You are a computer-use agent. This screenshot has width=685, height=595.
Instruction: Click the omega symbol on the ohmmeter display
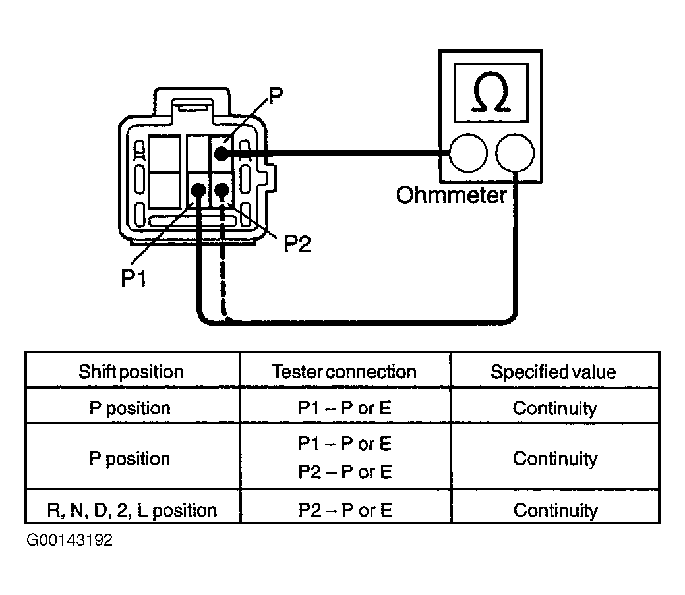(x=491, y=96)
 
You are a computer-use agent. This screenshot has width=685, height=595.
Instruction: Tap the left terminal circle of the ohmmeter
(x=467, y=154)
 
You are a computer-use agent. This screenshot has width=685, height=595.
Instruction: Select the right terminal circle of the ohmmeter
(x=514, y=154)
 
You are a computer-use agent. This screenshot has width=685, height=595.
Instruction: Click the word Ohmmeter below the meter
(x=451, y=195)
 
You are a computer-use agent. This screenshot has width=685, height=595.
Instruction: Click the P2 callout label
(x=297, y=244)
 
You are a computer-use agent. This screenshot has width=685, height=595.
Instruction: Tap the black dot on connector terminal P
(x=220, y=153)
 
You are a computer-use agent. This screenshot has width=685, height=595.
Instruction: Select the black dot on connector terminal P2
(x=222, y=190)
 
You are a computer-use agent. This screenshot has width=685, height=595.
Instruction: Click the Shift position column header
(x=131, y=372)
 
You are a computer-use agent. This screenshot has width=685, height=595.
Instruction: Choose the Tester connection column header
(x=344, y=372)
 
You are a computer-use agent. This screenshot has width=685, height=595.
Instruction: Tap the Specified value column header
(x=553, y=372)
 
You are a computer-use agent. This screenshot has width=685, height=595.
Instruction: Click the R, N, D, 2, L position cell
(x=132, y=510)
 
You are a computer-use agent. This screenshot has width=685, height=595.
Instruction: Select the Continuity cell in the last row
(x=554, y=510)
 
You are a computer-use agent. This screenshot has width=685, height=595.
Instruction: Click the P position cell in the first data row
(x=130, y=408)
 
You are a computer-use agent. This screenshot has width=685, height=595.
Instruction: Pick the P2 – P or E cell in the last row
(x=345, y=510)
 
